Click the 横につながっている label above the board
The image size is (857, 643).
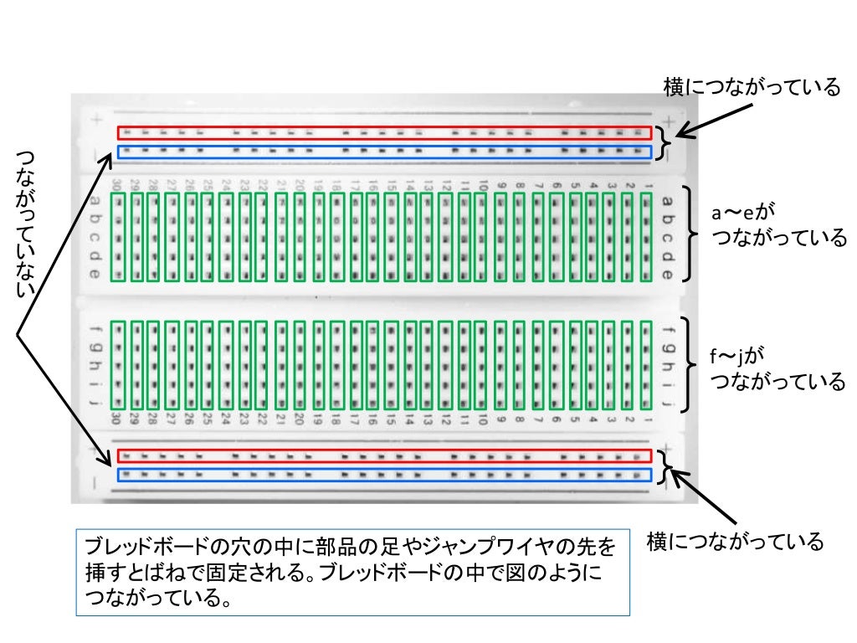coord(751,87)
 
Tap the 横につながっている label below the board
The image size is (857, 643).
coord(736,542)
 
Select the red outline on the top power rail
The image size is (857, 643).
coord(384,133)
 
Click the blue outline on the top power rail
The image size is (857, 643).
coord(384,152)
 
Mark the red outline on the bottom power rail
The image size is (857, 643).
coord(384,455)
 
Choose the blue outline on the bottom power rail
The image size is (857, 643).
coord(384,475)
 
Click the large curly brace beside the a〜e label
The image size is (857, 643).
coord(690,234)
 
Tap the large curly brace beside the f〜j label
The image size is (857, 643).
coord(690,364)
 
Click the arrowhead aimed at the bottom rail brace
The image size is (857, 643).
coord(680,476)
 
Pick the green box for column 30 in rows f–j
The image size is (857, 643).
coord(118,365)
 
